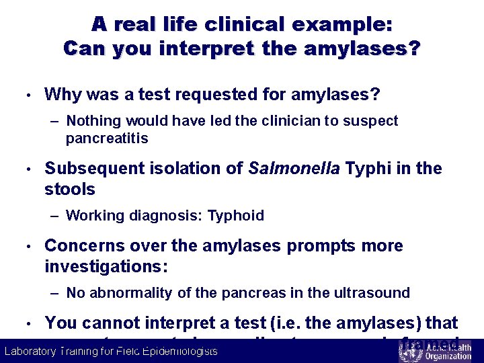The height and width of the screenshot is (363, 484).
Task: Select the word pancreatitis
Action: (107, 139)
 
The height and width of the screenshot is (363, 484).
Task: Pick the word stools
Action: (70, 190)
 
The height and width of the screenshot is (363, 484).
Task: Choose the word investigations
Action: (105, 267)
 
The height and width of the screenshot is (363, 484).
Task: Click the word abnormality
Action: (132, 293)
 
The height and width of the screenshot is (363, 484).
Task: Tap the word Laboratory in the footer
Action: (30, 352)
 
